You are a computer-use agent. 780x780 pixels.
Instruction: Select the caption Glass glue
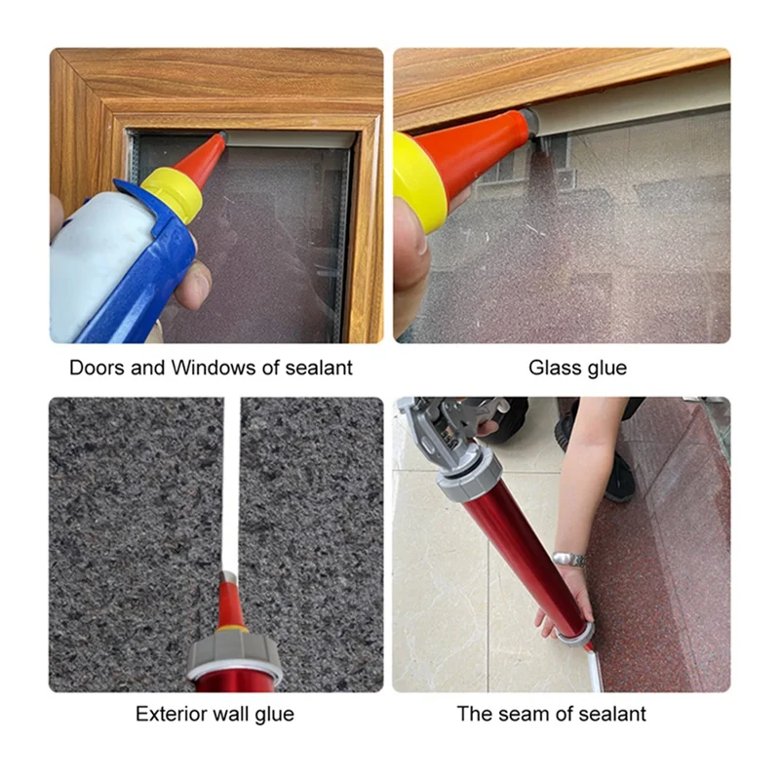point(577,369)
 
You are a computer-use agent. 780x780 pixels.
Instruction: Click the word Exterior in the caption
point(171,714)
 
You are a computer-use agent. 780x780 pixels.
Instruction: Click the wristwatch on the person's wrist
point(569,560)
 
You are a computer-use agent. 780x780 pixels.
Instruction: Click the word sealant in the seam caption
point(605,714)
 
